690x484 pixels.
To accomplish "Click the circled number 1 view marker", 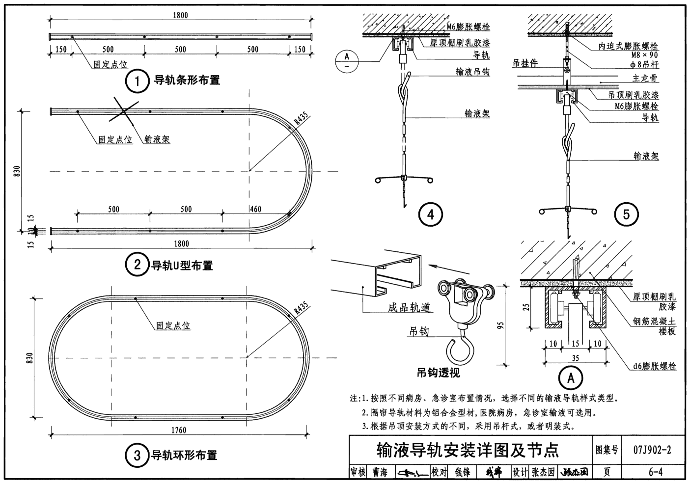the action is [137, 81].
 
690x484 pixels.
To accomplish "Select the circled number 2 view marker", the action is [137, 265].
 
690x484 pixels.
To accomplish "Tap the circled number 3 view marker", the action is [137, 455].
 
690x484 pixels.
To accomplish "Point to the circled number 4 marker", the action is [430, 215].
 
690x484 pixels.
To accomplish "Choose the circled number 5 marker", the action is [626, 215].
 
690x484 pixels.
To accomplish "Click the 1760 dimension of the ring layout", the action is [179, 430].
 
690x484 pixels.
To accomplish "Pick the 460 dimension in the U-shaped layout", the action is [256, 209].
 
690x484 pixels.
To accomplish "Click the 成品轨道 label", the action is [409, 307].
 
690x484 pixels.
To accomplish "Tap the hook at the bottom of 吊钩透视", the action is [460, 351].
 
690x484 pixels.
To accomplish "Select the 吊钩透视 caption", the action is [439, 373].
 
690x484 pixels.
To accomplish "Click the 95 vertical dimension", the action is [500, 325].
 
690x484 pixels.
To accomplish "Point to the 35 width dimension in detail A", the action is [576, 358].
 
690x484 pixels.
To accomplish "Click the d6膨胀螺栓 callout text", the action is [654, 366].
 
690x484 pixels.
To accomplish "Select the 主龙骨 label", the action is [645, 78].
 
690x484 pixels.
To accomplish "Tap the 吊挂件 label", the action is [525, 63].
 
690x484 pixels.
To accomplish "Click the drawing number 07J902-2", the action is [652, 450].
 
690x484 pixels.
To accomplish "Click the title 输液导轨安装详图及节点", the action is [468, 450].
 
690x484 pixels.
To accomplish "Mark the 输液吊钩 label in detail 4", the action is [472, 72].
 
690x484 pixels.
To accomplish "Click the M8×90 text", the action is [644, 55].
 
